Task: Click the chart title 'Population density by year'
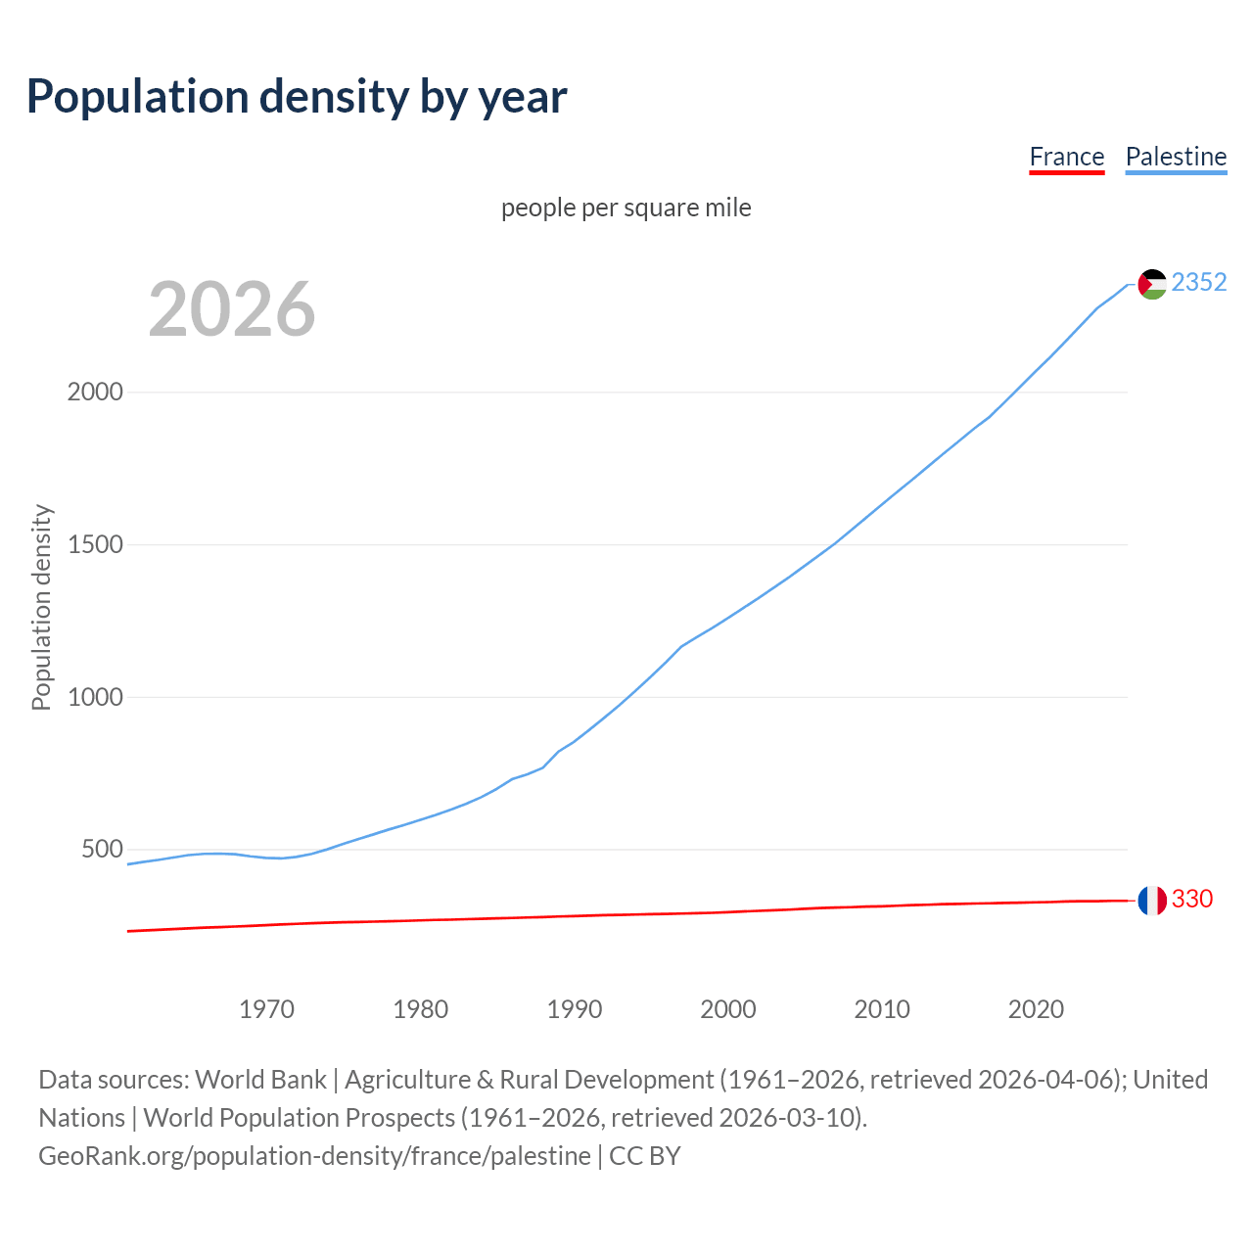tap(297, 96)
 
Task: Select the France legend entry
tap(1066, 157)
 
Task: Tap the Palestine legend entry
tap(1176, 157)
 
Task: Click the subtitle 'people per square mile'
tap(626, 208)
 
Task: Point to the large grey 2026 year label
tap(232, 309)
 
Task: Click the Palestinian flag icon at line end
tap(1152, 284)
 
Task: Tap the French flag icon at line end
tap(1152, 900)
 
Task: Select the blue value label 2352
tap(1198, 282)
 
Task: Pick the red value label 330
tap(1191, 899)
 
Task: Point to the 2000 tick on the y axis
tap(95, 392)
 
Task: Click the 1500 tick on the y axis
tap(95, 544)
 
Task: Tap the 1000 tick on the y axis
tap(95, 697)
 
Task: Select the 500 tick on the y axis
tap(102, 849)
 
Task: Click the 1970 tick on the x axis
tap(266, 1008)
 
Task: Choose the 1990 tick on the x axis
tap(575, 1008)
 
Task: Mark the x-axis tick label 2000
tap(728, 1008)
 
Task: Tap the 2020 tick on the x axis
tap(1036, 1008)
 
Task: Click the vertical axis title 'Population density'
tap(41, 607)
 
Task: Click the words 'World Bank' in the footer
tap(260, 1079)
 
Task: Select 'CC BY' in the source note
tap(644, 1155)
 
